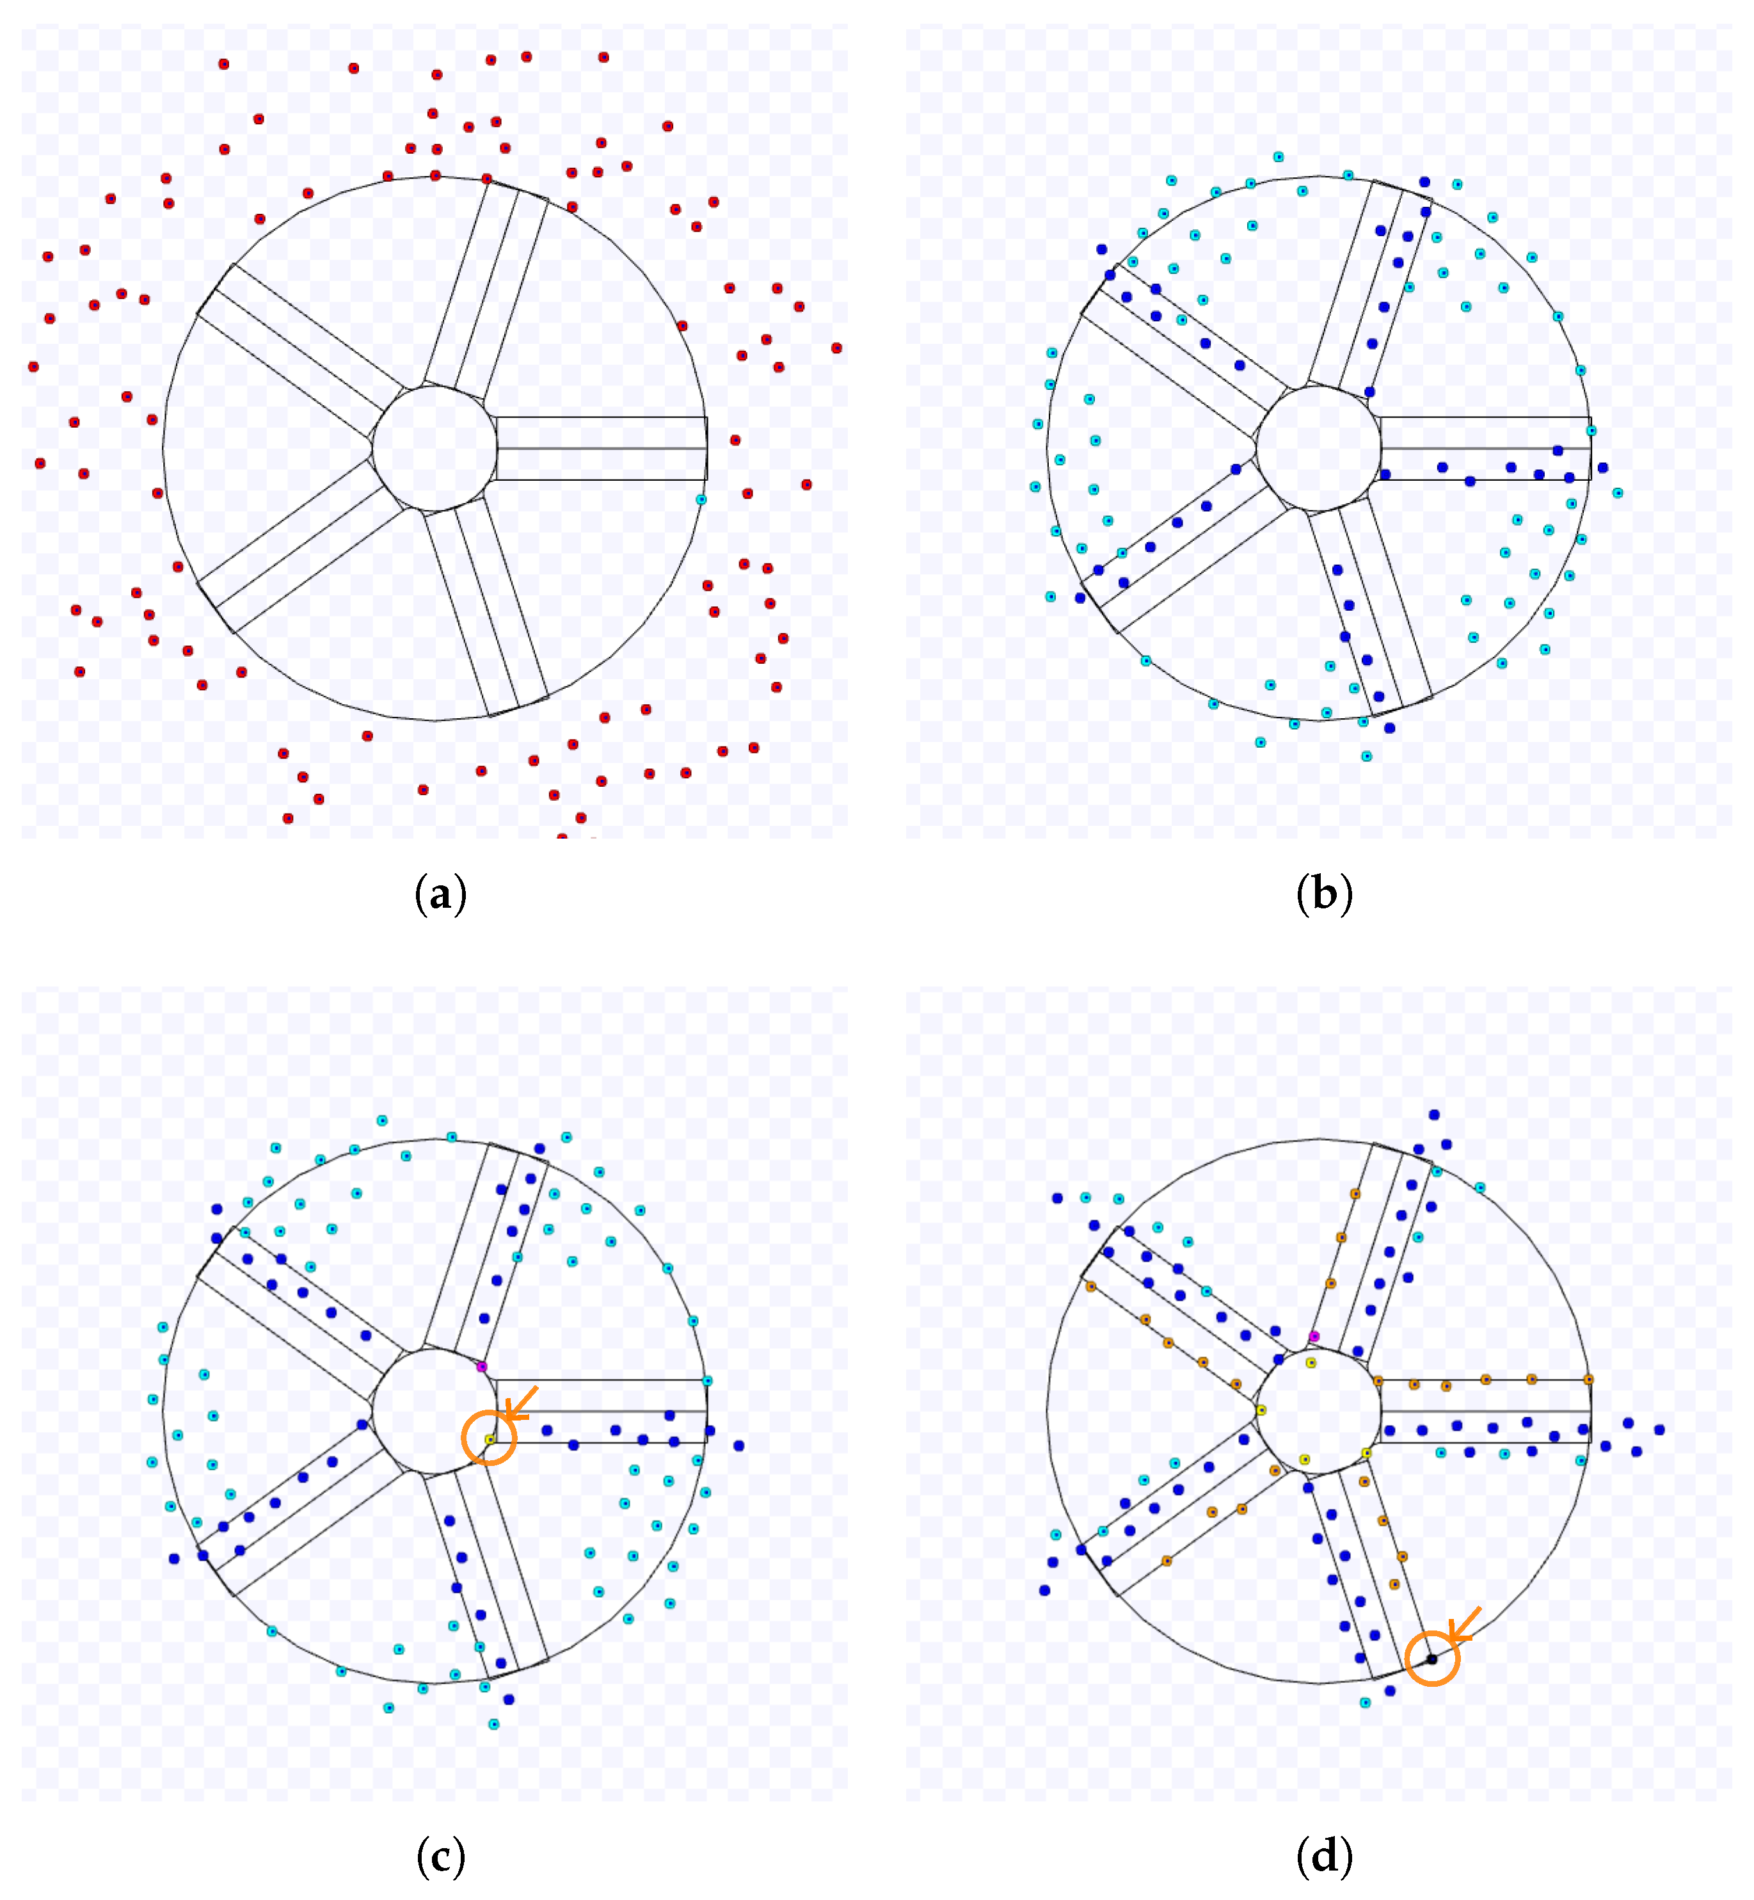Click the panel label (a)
(440, 894)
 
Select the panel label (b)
(1324, 894)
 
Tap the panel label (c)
(440, 1857)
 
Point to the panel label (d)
(1324, 1857)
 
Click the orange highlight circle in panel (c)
(489, 1438)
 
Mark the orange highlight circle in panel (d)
(1431, 1659)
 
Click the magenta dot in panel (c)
(481, 1366)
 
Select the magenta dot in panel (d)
(1314, 1336)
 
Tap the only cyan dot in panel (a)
(701, 499)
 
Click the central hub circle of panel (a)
(435, 448)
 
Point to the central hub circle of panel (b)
(1318, 448)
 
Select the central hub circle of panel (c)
(435, 1412)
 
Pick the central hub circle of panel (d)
(1318, 1412)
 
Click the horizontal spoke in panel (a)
(602, 448)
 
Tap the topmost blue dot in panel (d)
(1434, 1115)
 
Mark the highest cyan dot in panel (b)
(1279, 157)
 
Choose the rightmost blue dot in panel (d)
(1659, 1429)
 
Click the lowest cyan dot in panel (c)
(493, 1723)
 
